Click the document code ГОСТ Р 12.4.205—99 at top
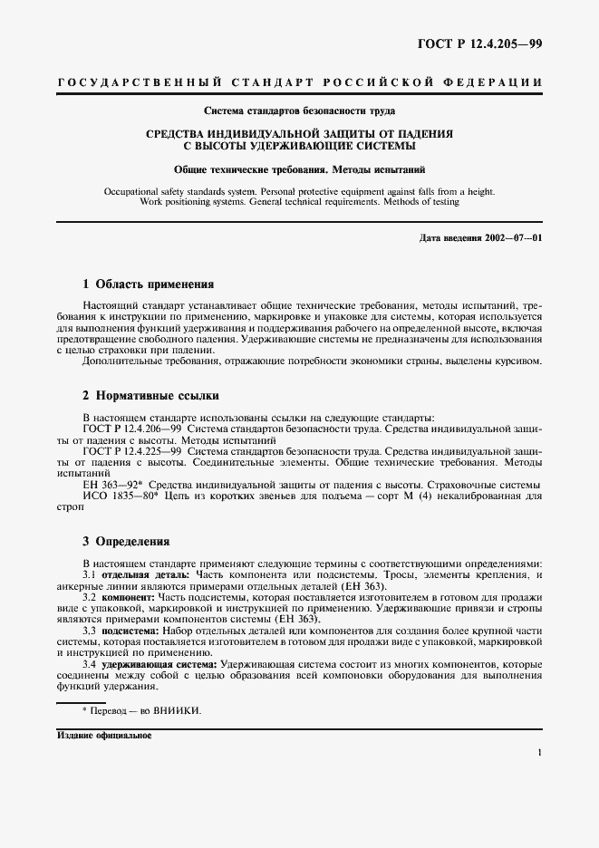pos(491,43)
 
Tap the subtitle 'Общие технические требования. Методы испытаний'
pos(300,169)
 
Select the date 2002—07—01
pos(513,237)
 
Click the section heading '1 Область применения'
pos(148,284)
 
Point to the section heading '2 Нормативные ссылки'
pos(150,396)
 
